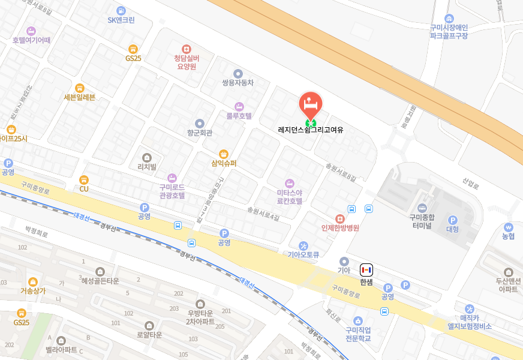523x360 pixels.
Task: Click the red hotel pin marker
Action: (311, 104)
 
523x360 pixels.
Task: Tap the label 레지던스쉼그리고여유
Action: (311, 129)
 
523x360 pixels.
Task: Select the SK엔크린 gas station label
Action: (121, 20)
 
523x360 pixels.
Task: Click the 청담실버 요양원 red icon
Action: (186, 49)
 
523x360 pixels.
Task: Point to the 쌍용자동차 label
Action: (238, 83)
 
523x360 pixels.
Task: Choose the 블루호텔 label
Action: (239, 116)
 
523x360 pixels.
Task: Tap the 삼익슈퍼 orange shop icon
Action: (224, 154)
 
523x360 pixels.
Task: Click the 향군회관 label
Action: (200, 133)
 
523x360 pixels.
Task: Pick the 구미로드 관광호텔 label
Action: (172, 191)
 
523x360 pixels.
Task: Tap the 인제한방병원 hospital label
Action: (340, 228)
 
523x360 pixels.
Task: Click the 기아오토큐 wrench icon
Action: (303, 245)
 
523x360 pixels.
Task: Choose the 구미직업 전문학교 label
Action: (358, 334)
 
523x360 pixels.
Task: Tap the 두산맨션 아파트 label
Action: (508, 284)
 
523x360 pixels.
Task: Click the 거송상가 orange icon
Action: (33, 281)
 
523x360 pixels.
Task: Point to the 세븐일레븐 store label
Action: (80, 97)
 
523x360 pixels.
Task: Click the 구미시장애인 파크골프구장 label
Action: (449, 31)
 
